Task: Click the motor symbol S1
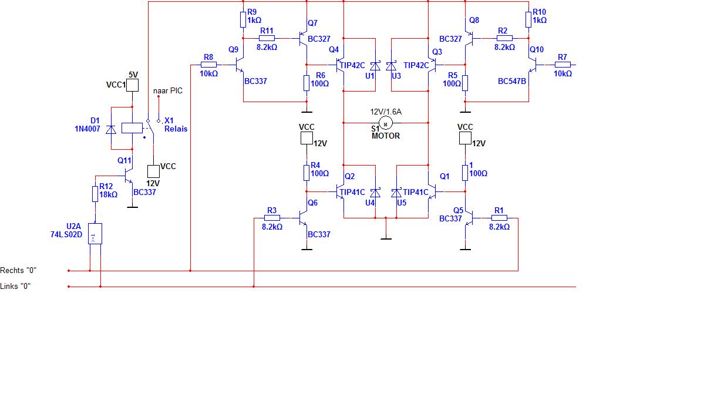[x=385, y=123]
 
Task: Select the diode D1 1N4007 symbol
[x=111, y=130]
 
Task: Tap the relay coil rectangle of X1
[x=132, y=128]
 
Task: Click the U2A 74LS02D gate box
[x=95, y=234]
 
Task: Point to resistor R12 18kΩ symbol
[x=95, y=194]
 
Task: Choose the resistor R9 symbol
[x=243, y=20]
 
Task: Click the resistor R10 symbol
[x=528, y=20]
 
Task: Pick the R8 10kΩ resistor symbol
[x=209, y=65]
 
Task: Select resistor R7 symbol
[x=563, y=65]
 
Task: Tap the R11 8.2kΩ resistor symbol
[x=267, y=38]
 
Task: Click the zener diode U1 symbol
[x=375, y=66]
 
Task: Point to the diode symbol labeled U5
[x=396, y=193]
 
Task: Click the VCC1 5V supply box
[x=132, y=85]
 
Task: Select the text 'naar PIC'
[x=168, y=91]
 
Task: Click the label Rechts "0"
[x=18, y=270]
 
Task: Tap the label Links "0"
[x=15, y=287]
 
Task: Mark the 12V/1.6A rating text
[x=386, y=112]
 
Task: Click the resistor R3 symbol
[x=272, y=218]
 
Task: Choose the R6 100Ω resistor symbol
[x=307, y=83]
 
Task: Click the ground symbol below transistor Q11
[x=132, y=207]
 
